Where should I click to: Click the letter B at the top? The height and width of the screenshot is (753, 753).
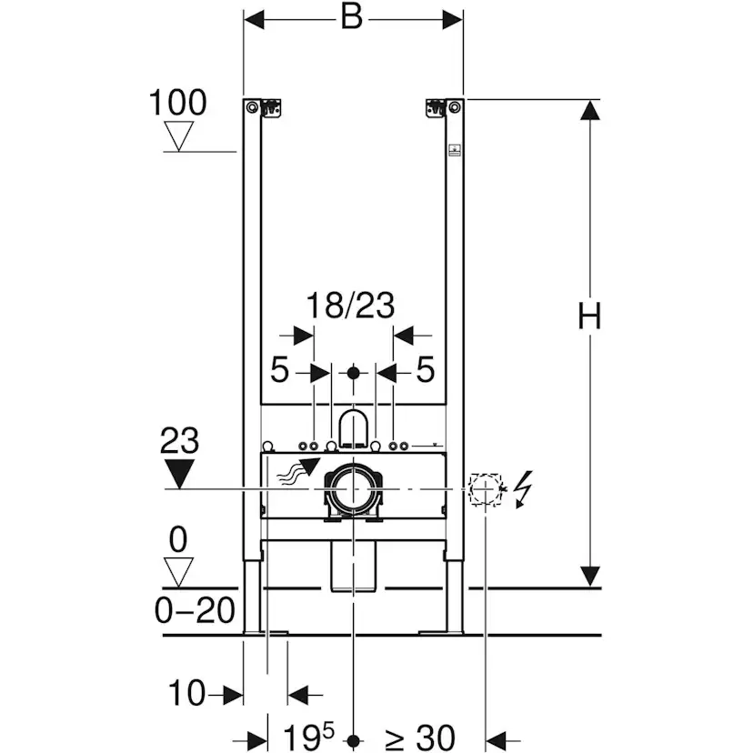[352, 17]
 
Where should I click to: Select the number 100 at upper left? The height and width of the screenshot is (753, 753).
[177, 102]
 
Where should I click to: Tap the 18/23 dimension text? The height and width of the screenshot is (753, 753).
[350, 306]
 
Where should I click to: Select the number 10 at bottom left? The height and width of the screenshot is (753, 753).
[188, 695]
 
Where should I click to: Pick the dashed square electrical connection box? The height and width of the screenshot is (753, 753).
[486, 488]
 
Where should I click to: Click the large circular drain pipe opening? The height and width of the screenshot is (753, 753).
[353, 488]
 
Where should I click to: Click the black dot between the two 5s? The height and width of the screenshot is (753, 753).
[354, 372]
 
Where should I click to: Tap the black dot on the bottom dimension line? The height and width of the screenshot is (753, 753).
[354, 739]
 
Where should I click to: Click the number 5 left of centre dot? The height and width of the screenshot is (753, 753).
[279, 371]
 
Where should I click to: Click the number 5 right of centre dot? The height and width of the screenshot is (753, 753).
[425, 371]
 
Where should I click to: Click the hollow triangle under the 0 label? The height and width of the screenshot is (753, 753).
[178, 571]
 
